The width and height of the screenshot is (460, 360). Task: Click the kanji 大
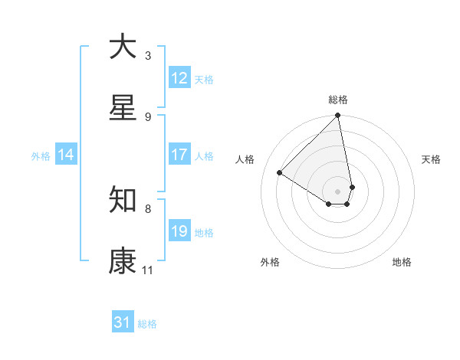(x=123, y=46)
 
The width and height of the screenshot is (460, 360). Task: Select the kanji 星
(x=123, y=107)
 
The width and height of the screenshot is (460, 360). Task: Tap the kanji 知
(x=123, y=199)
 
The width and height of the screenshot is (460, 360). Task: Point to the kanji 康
(x=123, y=261)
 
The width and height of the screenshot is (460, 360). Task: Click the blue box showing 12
(x=179, y=78)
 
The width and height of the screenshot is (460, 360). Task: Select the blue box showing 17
(x=179, y=155)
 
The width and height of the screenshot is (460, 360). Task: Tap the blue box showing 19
(x=179, y=231)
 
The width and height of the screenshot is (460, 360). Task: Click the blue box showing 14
(x=66, y=155)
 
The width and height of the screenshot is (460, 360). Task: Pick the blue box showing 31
(x=123, y=322)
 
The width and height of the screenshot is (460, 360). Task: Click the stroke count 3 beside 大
(x=148, y=55)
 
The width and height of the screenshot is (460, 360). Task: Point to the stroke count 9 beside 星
(x=148, y=116)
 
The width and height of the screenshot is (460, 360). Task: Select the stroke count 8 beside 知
(x=148, y=208)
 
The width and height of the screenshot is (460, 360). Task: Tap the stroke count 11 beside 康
(x=148, y=270)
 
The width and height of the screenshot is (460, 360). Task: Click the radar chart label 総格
(x=338, y=100)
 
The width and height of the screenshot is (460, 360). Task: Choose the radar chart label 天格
(x=431, y=159)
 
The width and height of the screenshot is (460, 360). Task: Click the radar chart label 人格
(x=245, y=159)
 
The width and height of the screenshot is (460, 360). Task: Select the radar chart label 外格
(x=270, y=262)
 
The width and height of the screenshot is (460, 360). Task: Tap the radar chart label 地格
(x=402, y=262)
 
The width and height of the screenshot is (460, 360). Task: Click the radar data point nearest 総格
(x=338, y=116)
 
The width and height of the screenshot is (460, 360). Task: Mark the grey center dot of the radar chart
(x=338, y=190)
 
